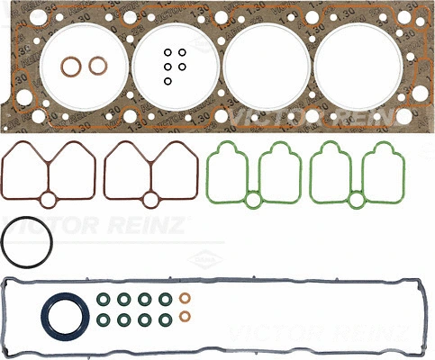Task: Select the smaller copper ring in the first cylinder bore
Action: point(96,65)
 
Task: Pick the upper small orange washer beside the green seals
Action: point(186,299)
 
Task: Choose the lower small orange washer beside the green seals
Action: point(186,317)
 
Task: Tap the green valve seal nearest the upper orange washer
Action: point(165,299)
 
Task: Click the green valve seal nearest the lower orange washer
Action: point(165,318)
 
